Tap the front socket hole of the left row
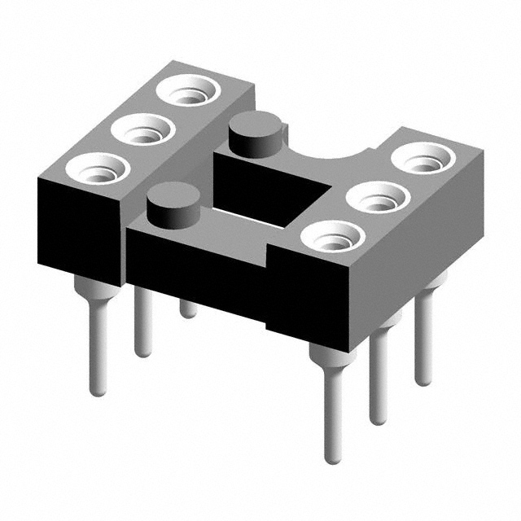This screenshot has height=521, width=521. [x=97, y=169]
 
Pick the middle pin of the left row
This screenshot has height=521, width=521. [x=142, y=326]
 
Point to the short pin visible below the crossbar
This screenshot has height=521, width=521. [x=188, y=308]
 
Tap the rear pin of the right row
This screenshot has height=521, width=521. [x=422, y=342]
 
